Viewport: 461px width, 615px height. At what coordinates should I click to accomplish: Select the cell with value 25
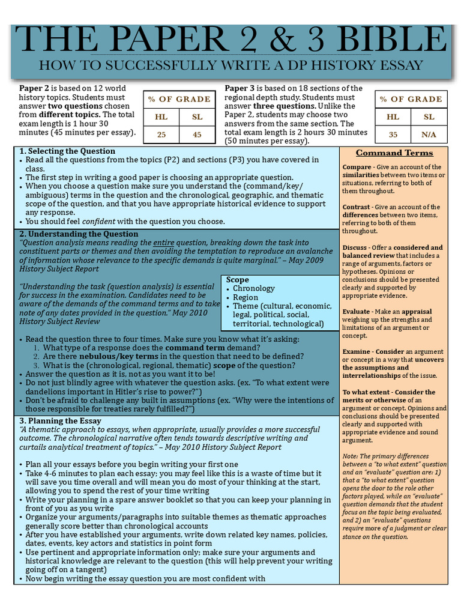coord(161,135)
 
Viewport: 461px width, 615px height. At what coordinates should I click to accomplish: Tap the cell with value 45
coord(197,135)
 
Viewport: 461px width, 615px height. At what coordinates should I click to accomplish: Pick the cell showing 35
coord(393,135)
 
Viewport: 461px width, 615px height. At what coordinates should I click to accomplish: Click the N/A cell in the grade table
coord(429,135)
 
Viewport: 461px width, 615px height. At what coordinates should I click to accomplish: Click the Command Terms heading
coord(394,153)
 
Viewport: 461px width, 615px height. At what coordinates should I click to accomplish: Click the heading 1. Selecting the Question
coord(67,151)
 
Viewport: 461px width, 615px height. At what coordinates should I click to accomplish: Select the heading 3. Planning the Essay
coord(61,420)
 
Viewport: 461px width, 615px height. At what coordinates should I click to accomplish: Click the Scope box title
coord(238,280)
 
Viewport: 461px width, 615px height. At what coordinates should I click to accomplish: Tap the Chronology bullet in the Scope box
coord(253,288)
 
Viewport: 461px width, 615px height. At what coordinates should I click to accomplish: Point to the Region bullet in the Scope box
coord(246,297)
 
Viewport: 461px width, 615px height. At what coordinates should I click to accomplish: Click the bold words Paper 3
coord(240,88)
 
